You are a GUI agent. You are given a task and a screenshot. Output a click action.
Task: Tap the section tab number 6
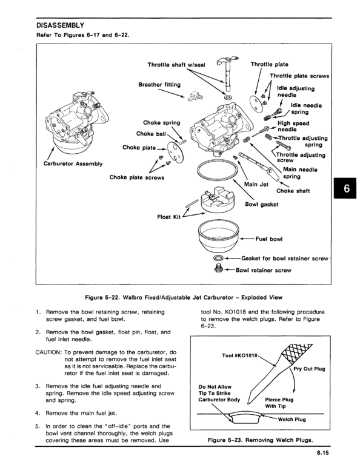pyautogui.click(x=346, y=189)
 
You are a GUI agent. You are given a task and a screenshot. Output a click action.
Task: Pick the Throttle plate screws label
pyautogui.click(x=299, y=76)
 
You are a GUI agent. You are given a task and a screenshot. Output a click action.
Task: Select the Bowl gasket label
pyautogui.click(x=261, y=204)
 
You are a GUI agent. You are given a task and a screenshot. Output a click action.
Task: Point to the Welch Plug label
pyautogui.click(x=293, y=419)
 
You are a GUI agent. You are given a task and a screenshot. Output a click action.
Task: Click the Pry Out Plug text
pyautogui.click(x=311, y=368)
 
